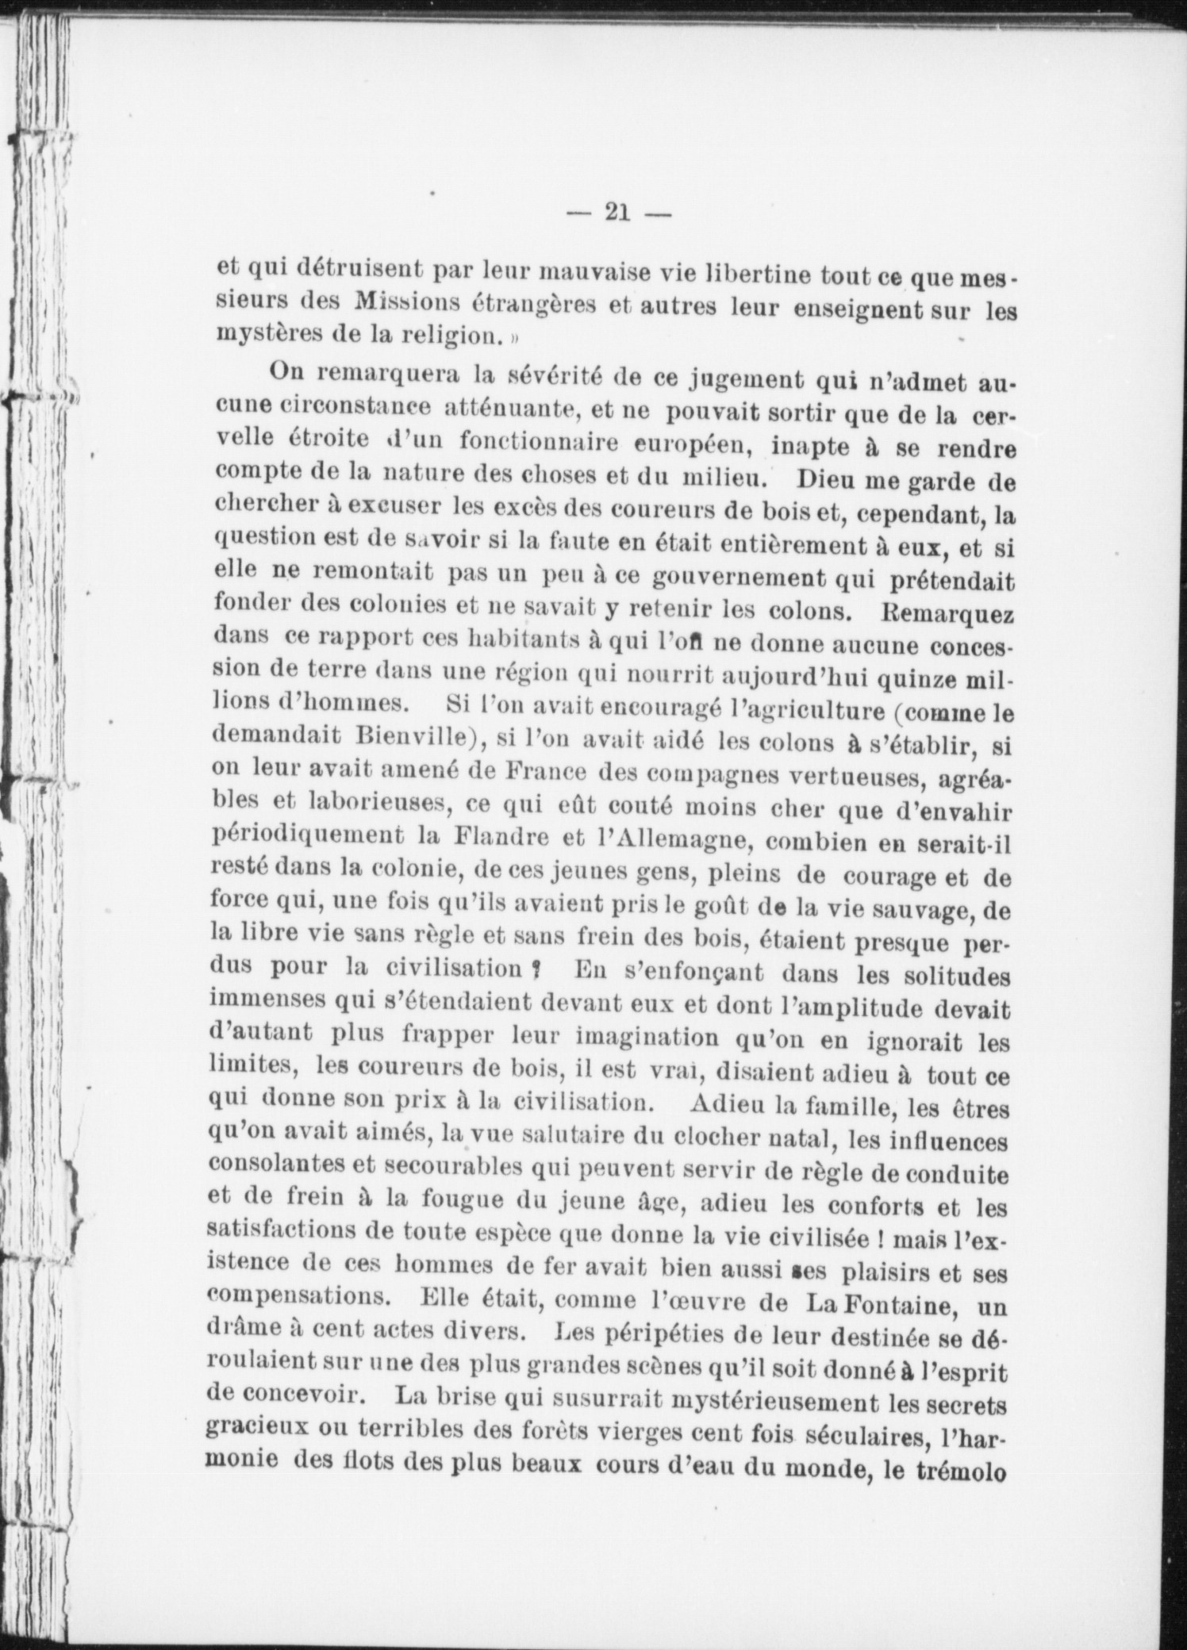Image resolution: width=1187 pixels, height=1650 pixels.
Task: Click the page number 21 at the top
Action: click(617, 213)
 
